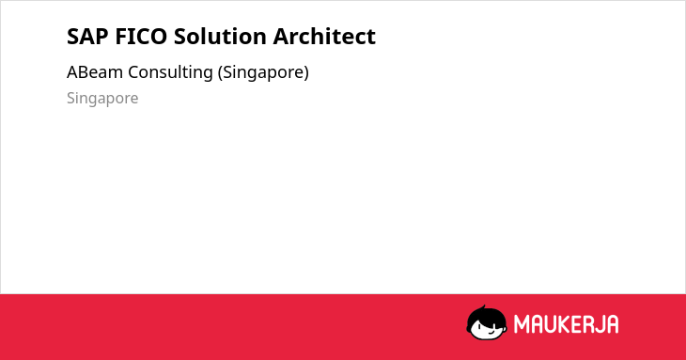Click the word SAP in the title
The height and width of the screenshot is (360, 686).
(87, 36)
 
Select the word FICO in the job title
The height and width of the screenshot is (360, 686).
(141, 36)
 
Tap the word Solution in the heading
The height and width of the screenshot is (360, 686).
(220, 36)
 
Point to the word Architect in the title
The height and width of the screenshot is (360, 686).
(324, 36)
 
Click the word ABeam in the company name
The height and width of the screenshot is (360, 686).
(95, 72)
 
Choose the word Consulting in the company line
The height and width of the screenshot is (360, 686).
(170, 72)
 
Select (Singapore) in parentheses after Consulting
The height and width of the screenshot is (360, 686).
(263, 72)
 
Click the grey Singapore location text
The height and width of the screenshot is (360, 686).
(102, 99)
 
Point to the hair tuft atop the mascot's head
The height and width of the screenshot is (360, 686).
(483, 307)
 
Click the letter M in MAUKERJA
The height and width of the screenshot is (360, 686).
(522, 324)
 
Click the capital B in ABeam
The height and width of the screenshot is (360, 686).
(82, 72)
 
